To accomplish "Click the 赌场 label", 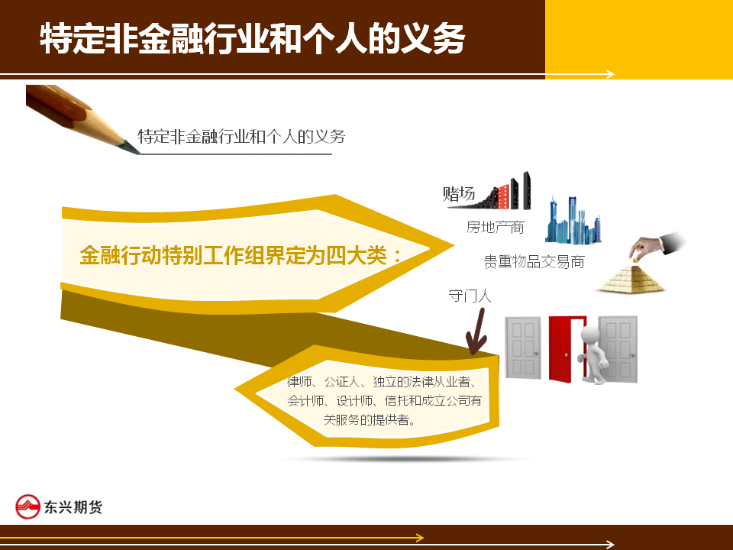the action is (x=459, y=193).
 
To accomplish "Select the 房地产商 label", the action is (x=495, y=228).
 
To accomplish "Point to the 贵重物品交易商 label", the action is (x=534, y=261).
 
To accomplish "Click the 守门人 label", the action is (x=470, y=296).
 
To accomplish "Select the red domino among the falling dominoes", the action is (x=503, y=196).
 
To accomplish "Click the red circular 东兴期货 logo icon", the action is (x=27, y=506).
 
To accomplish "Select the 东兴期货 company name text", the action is (x=73, y=507).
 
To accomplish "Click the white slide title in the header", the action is (x=252, y=38).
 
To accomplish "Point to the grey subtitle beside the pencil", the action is (x=242, y=137).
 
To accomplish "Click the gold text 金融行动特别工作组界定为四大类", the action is (x=241, y=255).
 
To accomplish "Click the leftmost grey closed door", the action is (x=522, y=348).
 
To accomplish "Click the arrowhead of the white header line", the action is (x=610, y=74).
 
